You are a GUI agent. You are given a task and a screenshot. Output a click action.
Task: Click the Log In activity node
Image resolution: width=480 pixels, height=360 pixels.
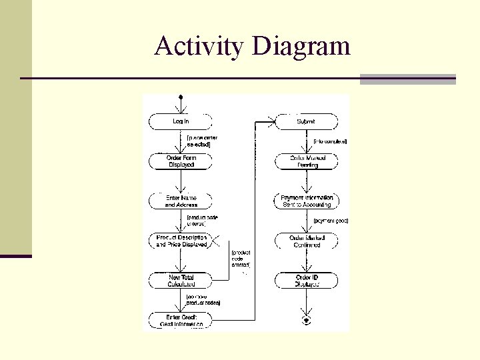(181, 121)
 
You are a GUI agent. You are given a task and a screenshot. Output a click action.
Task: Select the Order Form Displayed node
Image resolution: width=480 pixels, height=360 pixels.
(181, 161)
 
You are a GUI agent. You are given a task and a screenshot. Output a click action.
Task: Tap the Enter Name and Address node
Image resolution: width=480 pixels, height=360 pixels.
(181, 201)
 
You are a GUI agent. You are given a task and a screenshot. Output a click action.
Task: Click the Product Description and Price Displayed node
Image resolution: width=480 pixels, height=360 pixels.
(181, 241)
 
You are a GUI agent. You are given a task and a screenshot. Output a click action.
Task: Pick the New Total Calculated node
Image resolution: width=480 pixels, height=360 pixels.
(181, 281)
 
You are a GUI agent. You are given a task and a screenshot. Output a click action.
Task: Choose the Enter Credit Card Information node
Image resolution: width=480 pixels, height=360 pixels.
(181, 321)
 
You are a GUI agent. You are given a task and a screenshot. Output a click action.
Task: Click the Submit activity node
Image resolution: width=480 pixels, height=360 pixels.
(306, 121)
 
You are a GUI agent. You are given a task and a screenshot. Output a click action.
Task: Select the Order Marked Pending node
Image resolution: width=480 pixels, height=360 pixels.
(307, 161)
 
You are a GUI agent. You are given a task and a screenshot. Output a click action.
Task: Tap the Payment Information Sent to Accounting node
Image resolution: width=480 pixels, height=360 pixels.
(307, 201)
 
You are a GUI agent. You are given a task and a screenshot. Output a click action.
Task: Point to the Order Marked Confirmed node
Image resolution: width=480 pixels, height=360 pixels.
(307, 241)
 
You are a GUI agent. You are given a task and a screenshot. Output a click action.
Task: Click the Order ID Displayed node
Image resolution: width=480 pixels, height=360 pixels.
(307, 281)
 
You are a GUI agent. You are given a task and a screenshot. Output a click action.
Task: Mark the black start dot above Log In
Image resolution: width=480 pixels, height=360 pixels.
(181, 97)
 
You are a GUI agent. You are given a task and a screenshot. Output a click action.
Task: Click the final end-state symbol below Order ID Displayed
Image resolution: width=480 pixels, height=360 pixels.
(307, 320)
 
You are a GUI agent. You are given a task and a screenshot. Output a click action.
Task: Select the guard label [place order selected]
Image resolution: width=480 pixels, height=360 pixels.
(202, 141)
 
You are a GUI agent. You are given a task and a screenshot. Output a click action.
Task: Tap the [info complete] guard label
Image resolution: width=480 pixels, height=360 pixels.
(330, 141)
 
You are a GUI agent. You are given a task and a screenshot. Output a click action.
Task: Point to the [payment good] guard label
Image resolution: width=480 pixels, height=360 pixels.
(331, 221)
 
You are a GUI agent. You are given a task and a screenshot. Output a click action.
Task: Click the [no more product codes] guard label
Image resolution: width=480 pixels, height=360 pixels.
(203, 299)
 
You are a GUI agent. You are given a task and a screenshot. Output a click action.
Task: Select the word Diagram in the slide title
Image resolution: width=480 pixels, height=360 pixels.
(301, 46)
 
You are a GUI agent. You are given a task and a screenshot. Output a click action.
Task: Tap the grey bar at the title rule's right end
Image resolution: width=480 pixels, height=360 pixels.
(407, 79)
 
